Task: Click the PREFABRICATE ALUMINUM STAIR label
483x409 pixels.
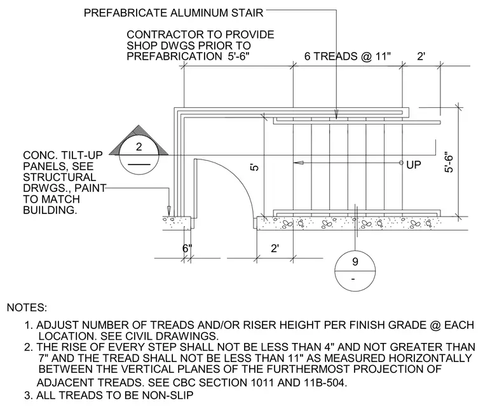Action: click(x=173, y=13)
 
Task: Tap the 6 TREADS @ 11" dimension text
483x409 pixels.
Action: click(x=348, y=57)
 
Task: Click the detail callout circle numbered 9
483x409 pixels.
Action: click(x=355, y=271)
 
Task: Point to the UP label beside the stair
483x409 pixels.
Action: click(x=413, y=165)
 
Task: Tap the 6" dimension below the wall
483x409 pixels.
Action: click(x=187, y=248)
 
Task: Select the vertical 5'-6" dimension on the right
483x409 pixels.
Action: click(x=449, y=162)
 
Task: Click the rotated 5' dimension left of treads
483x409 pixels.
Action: click(x=254, y=168)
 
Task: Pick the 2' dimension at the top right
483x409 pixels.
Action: click(x=421, y=57)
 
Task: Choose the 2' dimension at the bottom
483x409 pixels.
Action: click(x=275, y=248)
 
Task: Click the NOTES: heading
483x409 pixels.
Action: click(x=27, y=307)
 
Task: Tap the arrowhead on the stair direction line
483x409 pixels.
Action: click(x=299, y=163)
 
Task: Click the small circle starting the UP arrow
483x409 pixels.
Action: click(x=401, y=163)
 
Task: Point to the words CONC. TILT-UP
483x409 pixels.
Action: click(x=63, y=155)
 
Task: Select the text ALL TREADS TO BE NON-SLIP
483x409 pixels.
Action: click(x=115, y=395)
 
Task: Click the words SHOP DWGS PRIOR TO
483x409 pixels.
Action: click(x=189, y=46)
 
